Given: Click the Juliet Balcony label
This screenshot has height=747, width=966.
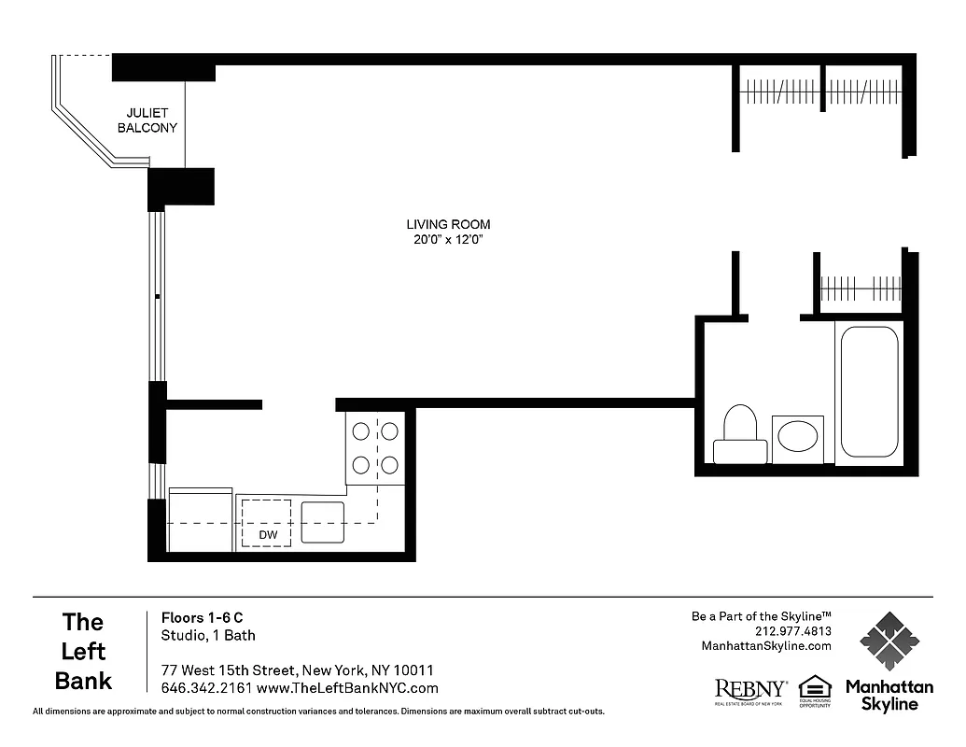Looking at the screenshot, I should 147,120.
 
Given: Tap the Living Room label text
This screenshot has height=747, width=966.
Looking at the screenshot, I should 448,224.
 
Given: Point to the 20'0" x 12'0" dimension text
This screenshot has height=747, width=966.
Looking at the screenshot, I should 448,240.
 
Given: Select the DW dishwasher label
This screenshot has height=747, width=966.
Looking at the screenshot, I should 268,535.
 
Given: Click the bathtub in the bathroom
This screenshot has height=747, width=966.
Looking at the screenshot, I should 869,391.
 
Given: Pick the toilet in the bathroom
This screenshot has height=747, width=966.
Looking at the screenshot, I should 740,434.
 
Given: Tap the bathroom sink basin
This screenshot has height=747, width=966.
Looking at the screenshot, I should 797,436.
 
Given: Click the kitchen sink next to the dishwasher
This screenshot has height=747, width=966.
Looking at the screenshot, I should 323,522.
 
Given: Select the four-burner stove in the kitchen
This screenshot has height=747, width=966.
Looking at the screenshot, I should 375,447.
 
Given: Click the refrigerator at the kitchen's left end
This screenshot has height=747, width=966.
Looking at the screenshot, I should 200,519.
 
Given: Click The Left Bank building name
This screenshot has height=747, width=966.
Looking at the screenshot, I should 83,651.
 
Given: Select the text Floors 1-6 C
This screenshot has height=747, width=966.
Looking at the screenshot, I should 202,617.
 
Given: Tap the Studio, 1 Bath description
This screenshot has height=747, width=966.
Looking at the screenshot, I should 208,636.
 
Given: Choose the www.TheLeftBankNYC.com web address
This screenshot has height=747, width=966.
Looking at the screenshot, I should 346,688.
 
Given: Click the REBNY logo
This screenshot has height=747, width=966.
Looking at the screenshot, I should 750,690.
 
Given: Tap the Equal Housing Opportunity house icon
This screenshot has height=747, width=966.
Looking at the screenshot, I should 815,687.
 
